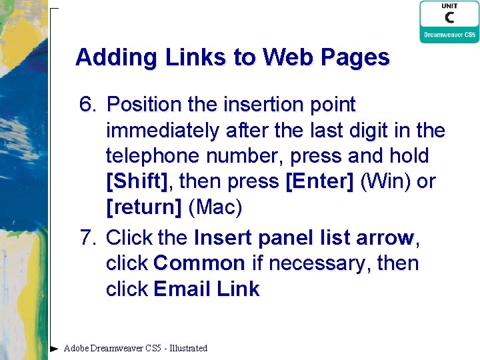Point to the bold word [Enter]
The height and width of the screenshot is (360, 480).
[319, 182]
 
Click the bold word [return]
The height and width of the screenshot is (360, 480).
[143, 208]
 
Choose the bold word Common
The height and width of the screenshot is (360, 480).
[199, 263]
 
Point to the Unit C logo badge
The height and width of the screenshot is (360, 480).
[449, 21]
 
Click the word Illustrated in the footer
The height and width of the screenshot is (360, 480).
[189, 348]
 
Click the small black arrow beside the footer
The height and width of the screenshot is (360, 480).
[55, 348]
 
